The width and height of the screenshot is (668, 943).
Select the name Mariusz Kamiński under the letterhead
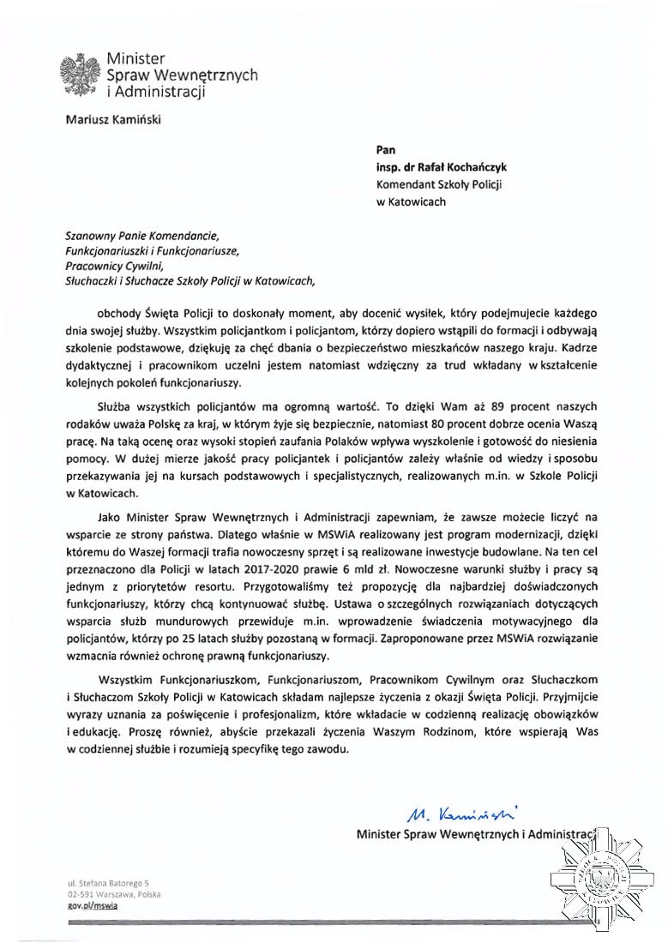click(x=113, y=120)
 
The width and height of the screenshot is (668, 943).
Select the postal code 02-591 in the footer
click(x=81, y=892)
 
